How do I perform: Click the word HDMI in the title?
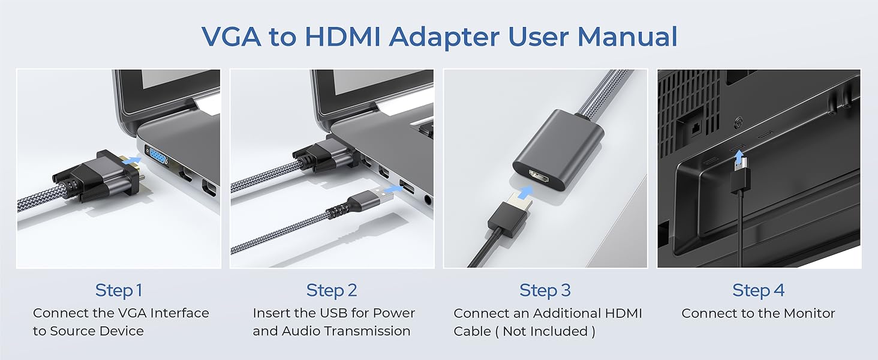pos(342,37)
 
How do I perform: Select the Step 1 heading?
pos(119,290)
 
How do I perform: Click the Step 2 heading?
pos(332,290)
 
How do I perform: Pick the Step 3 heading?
pos(545,290)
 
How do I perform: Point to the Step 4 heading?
pos(758,290)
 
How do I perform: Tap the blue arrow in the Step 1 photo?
pos(133,161)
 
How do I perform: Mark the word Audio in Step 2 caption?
pos(302,331)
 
